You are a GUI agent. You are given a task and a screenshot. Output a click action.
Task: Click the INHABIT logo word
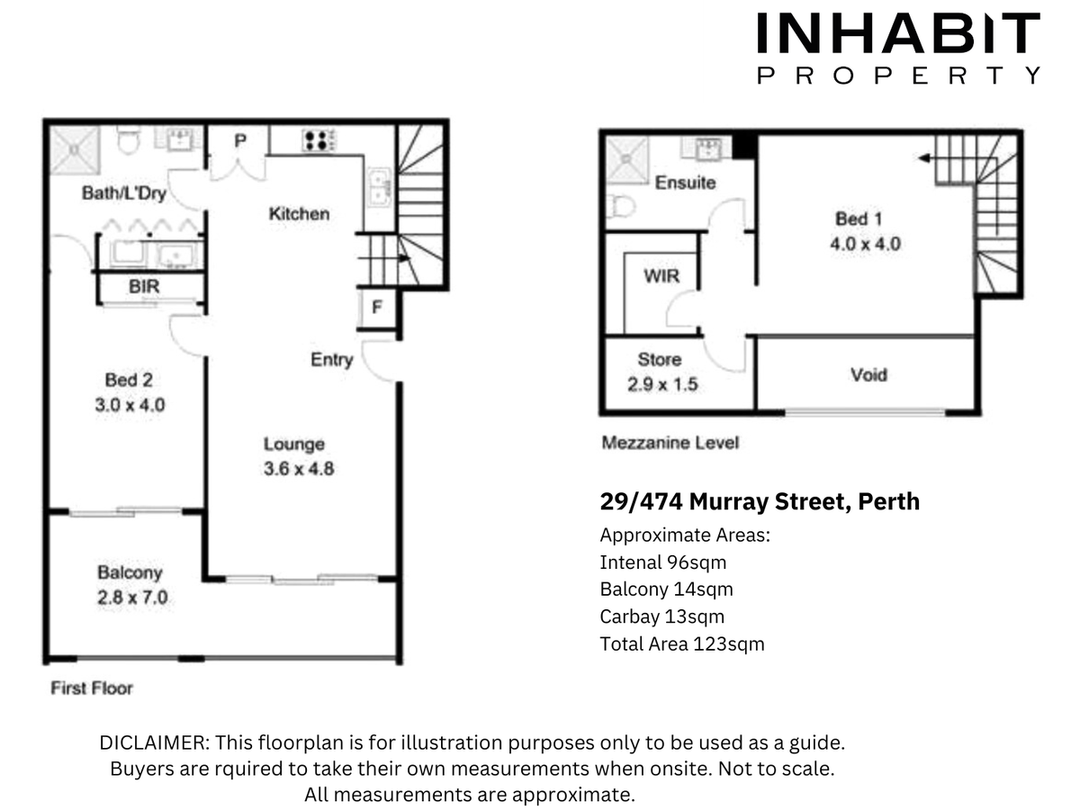coord(898,33)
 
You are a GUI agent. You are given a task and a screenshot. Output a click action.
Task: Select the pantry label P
coord(240,141)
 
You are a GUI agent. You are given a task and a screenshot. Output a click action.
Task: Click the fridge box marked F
coord(378,309)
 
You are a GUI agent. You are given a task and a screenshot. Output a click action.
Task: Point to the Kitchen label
coord(299,214)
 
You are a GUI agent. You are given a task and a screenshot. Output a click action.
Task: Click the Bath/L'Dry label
coord(124,193)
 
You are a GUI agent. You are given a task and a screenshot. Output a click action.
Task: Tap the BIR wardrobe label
coord(144,287)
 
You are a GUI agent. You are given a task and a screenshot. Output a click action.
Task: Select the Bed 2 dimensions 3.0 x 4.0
coord(130,405)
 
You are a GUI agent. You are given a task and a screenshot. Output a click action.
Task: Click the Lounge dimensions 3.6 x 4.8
coord(299,469)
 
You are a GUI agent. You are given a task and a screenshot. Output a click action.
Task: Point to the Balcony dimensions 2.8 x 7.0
coord(132,598)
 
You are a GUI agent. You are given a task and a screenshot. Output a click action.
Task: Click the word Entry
coord(331,360)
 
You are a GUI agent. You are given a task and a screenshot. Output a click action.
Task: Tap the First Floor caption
coord(92,688)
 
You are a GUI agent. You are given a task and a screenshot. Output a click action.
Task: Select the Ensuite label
coord(686,183)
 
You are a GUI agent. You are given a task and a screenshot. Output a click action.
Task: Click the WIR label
coord(661,276)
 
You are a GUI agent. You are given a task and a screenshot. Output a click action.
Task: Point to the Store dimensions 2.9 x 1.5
coord(662,384)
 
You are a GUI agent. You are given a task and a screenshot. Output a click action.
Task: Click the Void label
coord(868,374)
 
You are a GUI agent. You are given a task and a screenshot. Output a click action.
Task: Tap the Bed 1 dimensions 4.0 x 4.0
coord(866,244)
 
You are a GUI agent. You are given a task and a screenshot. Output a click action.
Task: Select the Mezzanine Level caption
coord(670,443)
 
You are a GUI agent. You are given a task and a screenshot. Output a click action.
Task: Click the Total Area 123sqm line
coord(682,643)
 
